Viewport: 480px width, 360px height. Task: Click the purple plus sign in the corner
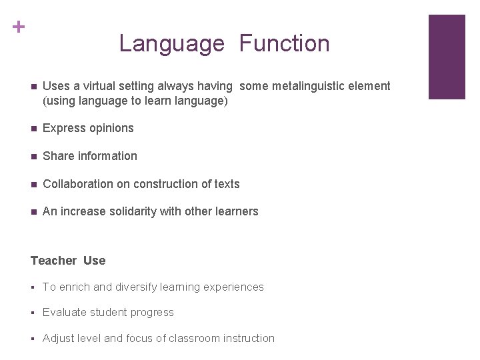[19, 27]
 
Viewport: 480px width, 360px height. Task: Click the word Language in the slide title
[171, 44]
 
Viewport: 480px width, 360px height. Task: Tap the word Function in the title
[285, 44]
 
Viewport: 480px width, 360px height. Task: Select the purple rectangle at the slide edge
[446, 57]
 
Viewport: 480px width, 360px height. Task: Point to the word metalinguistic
[307, 86]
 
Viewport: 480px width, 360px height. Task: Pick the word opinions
[109, 128]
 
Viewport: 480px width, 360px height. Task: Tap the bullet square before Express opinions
[33, 128]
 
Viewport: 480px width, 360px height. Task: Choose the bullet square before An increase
[33, 212]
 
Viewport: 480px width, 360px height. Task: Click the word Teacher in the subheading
[54, 261]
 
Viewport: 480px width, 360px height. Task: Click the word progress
[152, 313]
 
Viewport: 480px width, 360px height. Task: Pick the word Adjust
[57, 338]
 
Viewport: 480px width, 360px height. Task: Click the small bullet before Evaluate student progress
[33, 313]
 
